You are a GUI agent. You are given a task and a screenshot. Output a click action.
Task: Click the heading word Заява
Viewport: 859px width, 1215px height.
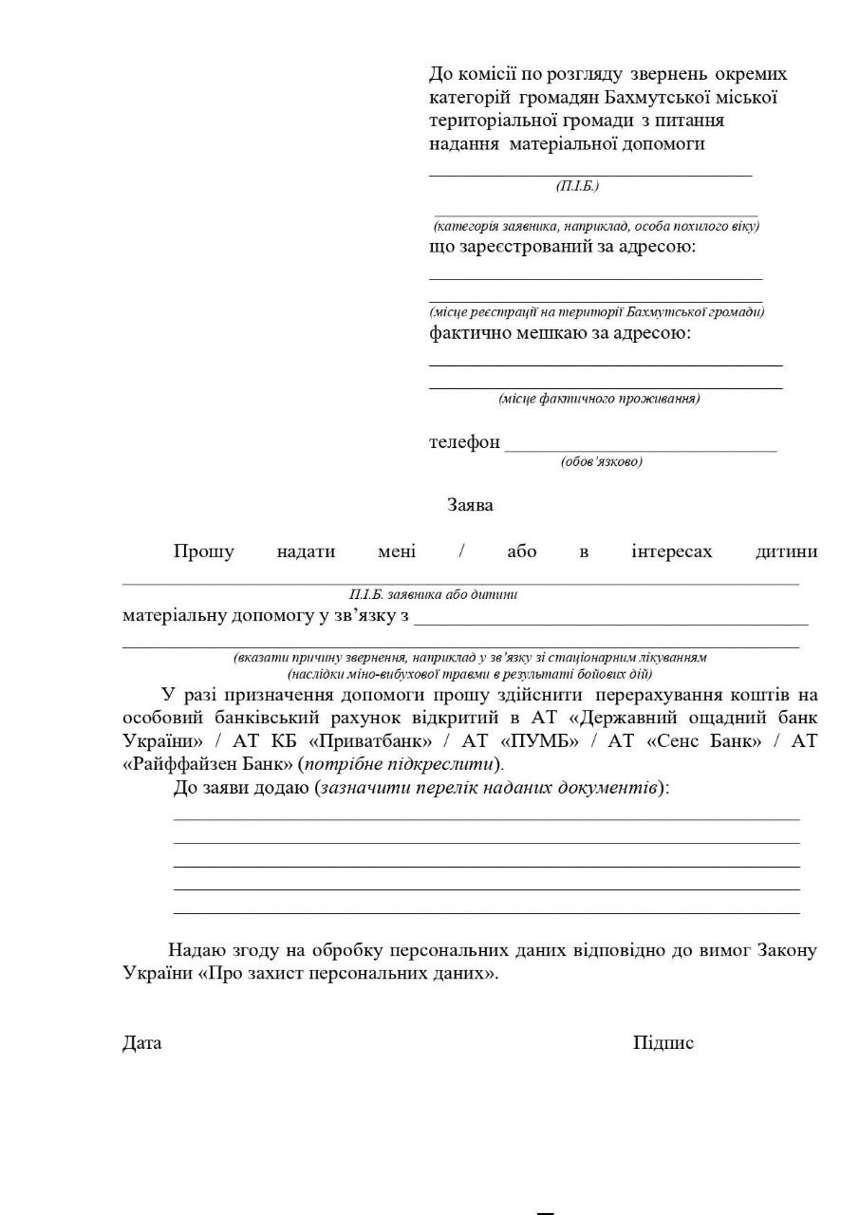(470, 505)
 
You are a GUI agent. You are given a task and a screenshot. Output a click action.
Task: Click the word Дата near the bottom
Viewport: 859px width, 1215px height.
(141, 1042)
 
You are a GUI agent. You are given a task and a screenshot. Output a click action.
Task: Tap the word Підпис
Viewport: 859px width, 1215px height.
(663, 1042)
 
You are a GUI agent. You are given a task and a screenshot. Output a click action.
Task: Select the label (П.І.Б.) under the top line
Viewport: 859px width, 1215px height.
(577, 186)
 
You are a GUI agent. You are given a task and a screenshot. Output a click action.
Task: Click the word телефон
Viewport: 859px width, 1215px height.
(464, 442)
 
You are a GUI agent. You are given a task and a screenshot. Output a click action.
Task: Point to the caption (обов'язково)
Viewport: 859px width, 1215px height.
(602, 461)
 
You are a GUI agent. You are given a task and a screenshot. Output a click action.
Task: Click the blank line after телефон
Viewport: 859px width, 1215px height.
(641, 448)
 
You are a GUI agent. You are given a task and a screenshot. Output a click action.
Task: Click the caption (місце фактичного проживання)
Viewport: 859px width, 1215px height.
(599, 399)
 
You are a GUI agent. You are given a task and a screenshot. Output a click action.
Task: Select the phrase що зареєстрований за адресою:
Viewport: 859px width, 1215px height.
(562, 247)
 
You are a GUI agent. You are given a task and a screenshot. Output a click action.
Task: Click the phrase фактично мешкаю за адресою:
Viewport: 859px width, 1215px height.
(560, 333)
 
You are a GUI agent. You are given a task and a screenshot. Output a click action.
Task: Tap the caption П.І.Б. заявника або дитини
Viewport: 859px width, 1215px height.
(433, 595)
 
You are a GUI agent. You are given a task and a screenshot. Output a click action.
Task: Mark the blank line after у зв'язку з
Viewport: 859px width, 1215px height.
(611, 623)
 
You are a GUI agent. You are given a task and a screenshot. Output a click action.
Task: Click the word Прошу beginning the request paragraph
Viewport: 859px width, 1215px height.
(203, 551)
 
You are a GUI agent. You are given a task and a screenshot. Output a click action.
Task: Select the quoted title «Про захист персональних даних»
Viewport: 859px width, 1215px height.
(348, 973)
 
